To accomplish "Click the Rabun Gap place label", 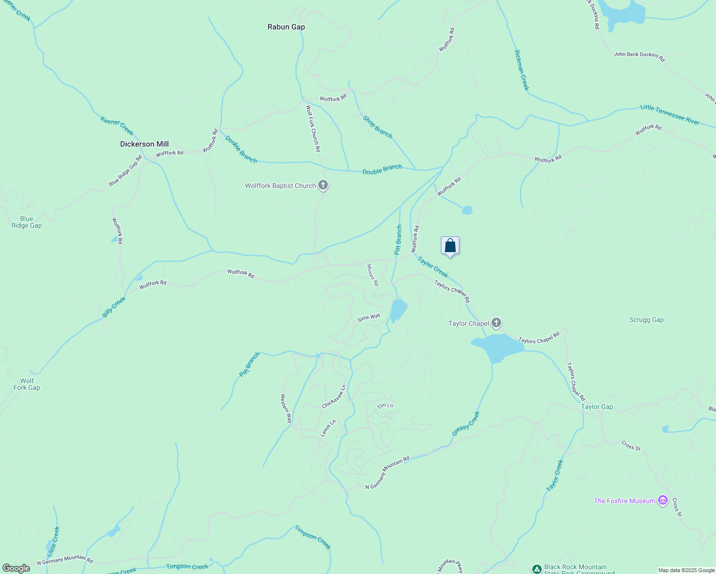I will pyautogui.click(x=286, y=27).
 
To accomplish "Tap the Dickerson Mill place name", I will pyautogui.click(x=145, y=144).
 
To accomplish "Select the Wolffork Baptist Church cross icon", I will pyautogui.click(x=323, y=185).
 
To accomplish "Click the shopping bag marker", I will pyautogui.click(x=450, y=246).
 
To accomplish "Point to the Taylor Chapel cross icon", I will pyautogui.click(x=496, y=323).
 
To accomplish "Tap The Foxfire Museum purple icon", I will pyautogui.click(x=663, y=500).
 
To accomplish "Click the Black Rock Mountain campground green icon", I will pyautogui.click(x=537, y=569).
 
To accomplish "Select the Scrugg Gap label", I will pyautogui.click(x=646, y=320).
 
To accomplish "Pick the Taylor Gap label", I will pyautogui.click(x=597, y=407).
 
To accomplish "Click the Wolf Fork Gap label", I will pyautogui.click(x=27, y=385).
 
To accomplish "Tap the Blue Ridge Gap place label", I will pyautogui.click(x=27, y=222).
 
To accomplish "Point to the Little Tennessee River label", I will pyautogui.click(x=670, y=115).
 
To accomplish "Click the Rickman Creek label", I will pyautogui.click(x=521, y=70).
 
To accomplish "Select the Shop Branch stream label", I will pyautogui.click(x=377, y=127).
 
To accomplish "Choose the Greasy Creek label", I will pyautogui.click(x=466, y=424).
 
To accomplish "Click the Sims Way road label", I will pyautogui.click(x=369, y=318).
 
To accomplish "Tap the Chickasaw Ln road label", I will pyautogui.click(x=334, y=397).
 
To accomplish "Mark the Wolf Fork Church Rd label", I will pyautogui.click(x=313, y=129).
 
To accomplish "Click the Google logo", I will pyautogui.click(x=16, y=568).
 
